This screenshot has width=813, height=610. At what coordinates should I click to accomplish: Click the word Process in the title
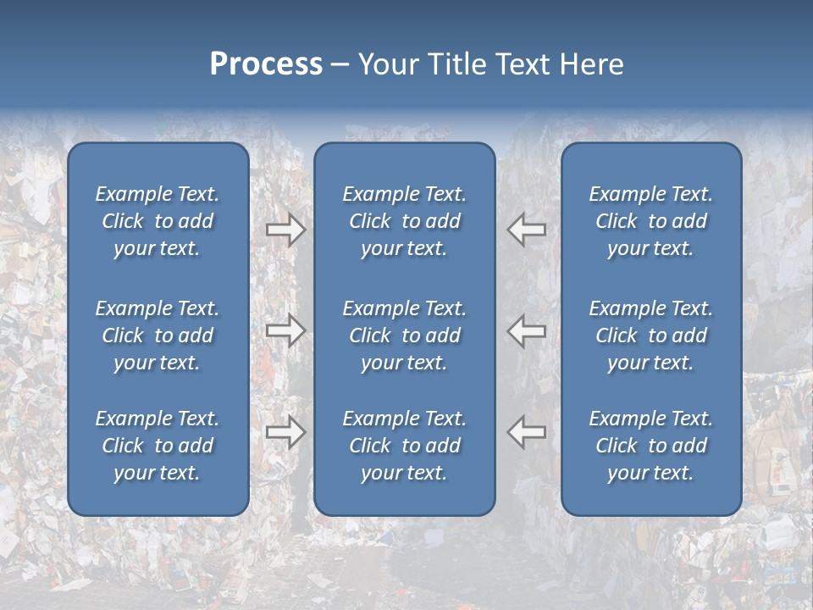266,64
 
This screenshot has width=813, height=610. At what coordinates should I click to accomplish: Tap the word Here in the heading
592,64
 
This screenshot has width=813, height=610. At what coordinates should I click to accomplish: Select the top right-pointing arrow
285,230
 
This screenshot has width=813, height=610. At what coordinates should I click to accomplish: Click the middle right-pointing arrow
285,330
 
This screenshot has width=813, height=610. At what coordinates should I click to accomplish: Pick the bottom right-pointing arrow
285,432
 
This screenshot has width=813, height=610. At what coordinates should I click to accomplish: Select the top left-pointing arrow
527,230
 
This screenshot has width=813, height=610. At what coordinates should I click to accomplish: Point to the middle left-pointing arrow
527,330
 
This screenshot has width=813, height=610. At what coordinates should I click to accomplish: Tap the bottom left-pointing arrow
527,432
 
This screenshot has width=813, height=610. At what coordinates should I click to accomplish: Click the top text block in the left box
158,221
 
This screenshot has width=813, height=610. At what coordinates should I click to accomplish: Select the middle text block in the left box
158,335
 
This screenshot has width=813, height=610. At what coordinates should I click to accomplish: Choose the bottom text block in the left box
158,446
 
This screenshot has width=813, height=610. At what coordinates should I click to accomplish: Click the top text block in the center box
404,221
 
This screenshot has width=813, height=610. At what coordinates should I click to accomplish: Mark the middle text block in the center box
404,335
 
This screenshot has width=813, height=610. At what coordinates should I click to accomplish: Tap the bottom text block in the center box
404,446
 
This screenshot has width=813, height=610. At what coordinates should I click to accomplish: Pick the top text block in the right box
650,221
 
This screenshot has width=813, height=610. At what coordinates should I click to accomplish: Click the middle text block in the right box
650,335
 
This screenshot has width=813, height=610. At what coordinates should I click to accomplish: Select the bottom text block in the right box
650,446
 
